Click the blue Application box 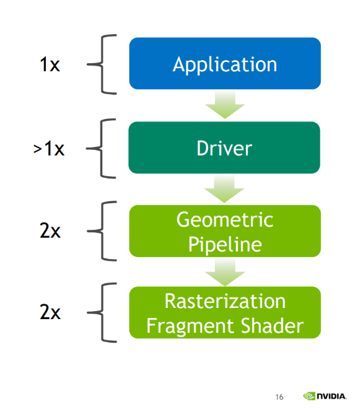click(225, 63)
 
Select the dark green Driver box click(224, 147)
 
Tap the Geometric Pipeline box click(225, 231)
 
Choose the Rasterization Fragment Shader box click(225, 312)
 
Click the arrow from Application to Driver click(225, 104)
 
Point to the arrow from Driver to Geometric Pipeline click(224, 188)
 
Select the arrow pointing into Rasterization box click(225, 272)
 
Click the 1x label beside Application click(50, 64)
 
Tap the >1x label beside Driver click(49, 149)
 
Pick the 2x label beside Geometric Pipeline click(50, 231)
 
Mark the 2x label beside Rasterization click(50, 312)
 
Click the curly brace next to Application click(102, 64)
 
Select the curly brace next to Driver click(101, 149)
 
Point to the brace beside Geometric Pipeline click(102, 231)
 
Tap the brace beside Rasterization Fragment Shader click(102, 312)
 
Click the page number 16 click(279, 397)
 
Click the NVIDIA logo click(325, 396)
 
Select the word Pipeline click(225, 245)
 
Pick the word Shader click(273, 325)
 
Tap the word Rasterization click(225, 301)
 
